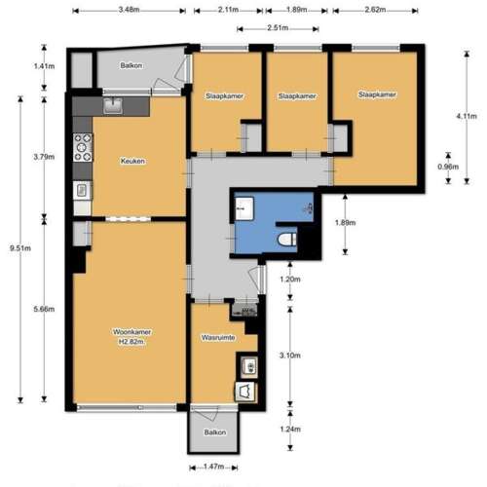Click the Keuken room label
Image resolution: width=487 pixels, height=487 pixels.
point(132,162)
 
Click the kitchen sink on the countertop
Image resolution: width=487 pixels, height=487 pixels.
point(114,105)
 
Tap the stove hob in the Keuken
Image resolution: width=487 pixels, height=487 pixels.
point(82,148)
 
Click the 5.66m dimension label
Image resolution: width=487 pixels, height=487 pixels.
point(37,310)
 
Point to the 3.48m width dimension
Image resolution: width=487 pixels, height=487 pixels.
point(128,10)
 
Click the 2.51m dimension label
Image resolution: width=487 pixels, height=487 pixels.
point(278,28)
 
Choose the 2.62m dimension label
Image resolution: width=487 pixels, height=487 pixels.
point(376,10)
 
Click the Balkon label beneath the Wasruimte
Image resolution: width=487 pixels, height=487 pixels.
point(215,431)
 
